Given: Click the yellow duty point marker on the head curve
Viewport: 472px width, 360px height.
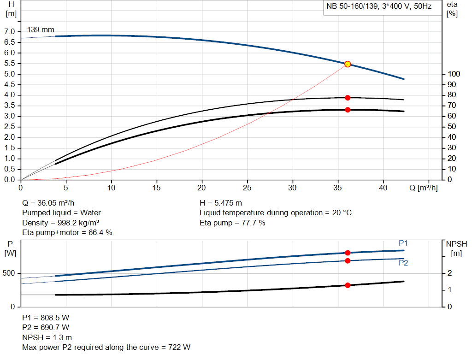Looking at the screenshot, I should pos(348,64).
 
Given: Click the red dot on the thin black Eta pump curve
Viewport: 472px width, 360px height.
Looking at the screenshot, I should pos(348,98).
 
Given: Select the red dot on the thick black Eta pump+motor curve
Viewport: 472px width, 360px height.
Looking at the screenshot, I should pos(348,110).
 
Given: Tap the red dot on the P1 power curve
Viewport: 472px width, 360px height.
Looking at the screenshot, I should pos(348,253).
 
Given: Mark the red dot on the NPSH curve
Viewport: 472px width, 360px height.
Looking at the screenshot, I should pos(348,285).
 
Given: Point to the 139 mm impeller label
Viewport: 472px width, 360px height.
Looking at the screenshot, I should pos(41,30).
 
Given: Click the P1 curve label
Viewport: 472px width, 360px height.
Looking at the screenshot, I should pos(403,243).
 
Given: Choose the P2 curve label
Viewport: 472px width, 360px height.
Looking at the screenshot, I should pos(403,263).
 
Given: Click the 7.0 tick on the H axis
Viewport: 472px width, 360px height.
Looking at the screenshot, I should pos(10,32).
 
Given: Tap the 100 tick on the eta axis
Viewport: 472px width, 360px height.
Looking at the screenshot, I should pos(454,74).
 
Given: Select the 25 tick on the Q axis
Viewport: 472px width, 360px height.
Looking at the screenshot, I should pos(248,188).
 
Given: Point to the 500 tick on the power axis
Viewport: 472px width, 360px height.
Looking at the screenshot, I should pos(9,273).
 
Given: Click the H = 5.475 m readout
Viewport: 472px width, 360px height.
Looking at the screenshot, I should pos(221,203).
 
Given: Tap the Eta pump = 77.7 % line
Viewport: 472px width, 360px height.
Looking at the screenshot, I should pos(232,223).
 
